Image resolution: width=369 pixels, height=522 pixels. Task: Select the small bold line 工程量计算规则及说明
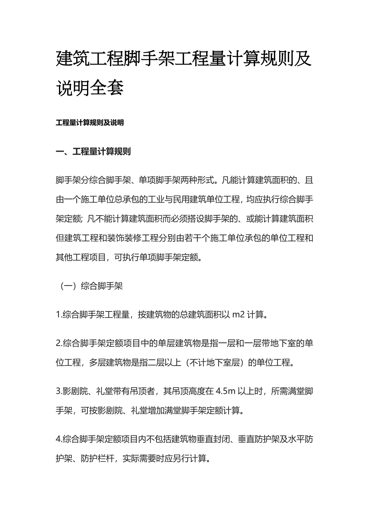(90, 123)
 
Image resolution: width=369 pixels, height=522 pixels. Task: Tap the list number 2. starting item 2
(59, 344)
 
